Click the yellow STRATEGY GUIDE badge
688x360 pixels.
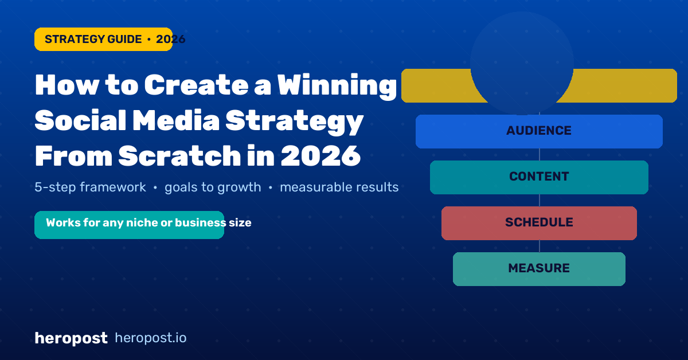(103, 40)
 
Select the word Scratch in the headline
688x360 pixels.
(179, 156)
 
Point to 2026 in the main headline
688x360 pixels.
(320, 156)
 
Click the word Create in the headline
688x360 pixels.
(196, 85)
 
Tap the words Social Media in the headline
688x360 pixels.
(127, 120)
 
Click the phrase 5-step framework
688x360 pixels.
(91, 187)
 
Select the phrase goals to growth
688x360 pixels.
(213, 187)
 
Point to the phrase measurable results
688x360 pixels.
(339, 187)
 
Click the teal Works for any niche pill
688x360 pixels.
(130, 225)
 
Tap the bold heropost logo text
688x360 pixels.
(71, 338)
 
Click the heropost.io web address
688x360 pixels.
(150, 338)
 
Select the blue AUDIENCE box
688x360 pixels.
(539, 131)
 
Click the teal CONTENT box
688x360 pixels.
(539, 177)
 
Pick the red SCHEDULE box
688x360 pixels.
(539, 224)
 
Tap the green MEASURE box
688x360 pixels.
(539, 269)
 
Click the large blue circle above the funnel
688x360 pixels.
(522, 63)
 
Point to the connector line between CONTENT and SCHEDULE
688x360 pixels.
(540, 200)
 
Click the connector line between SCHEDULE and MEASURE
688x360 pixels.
(540, 246)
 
